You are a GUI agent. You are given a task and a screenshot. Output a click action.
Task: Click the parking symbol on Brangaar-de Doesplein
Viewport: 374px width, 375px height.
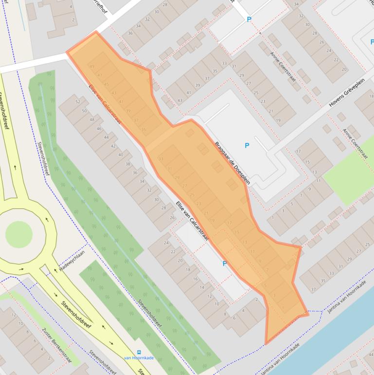coord(247,146)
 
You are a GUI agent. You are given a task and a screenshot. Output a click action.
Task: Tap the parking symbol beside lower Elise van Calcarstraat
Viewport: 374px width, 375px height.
coord(224,263)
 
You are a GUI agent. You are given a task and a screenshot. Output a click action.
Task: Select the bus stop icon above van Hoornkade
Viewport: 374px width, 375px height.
coord(139,352)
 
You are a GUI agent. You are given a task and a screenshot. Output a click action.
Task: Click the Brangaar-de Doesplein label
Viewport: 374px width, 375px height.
coord(232,162)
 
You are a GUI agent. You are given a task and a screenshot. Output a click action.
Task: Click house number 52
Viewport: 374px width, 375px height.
coord(77,101)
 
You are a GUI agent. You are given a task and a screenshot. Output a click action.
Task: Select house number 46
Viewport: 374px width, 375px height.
coord(99,129)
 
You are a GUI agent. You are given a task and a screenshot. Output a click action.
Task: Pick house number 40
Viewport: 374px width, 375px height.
coord(121,154)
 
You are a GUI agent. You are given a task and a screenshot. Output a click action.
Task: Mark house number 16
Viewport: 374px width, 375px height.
coord(195,279)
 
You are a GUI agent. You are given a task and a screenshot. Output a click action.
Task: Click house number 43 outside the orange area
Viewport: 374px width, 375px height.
coord(179,100)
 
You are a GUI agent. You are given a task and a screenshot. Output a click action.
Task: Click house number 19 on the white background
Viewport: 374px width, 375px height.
coord(278,120)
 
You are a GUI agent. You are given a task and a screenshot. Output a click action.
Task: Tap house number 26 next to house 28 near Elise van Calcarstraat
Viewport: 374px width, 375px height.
coord(172,218)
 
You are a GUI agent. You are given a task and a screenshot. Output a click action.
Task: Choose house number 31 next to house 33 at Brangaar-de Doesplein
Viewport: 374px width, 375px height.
coord(234,66)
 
